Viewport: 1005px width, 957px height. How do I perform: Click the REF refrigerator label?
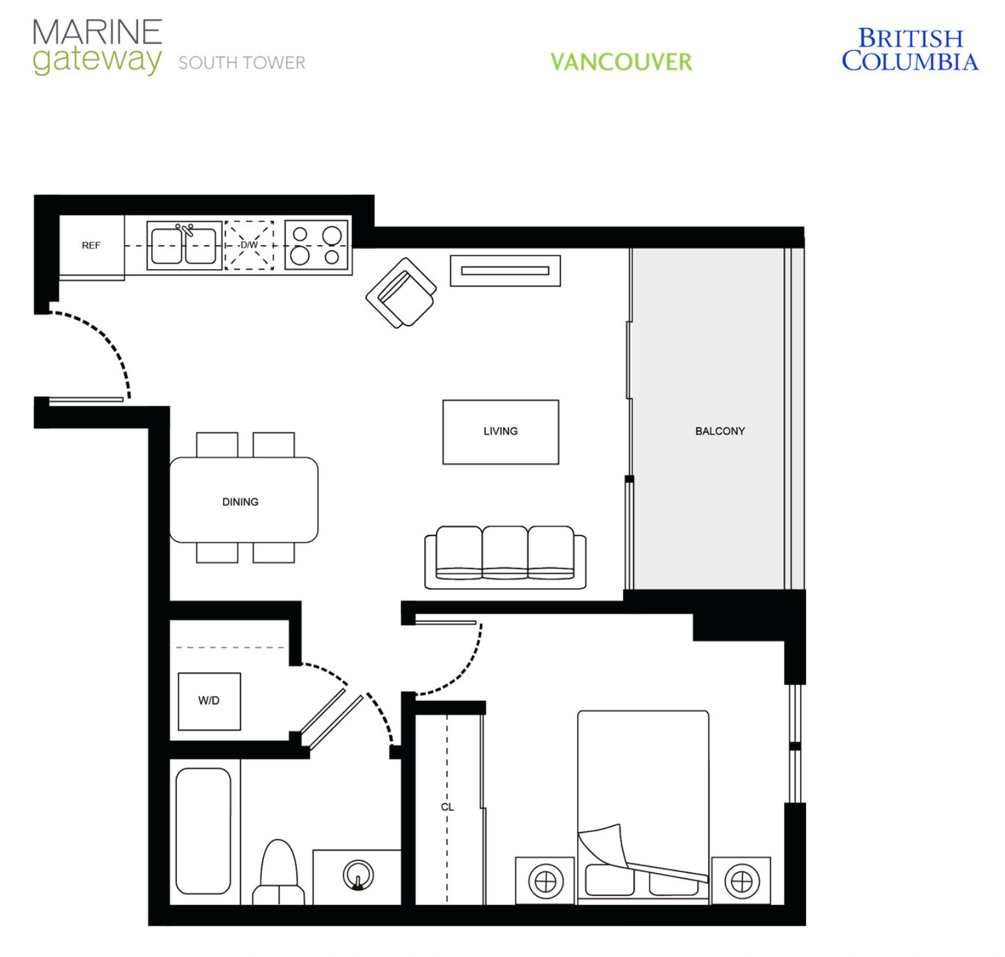91,246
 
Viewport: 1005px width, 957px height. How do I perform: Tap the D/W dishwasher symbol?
250,245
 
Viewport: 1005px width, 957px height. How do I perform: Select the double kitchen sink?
184,244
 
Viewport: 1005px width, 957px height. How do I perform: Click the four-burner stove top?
316,244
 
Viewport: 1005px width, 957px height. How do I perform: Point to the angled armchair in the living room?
401,293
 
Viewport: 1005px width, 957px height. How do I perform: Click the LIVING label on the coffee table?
501,431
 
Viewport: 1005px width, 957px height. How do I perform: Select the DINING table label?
241,502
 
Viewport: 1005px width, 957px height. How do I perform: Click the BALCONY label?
720,431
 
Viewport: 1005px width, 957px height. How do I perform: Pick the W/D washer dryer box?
209,702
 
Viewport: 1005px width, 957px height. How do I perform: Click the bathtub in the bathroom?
204,831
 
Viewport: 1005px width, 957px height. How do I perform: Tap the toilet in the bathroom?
279,873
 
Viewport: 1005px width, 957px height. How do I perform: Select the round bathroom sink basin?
358,875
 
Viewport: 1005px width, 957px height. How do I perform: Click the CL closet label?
447,807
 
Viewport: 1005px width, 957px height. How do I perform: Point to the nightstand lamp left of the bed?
546,882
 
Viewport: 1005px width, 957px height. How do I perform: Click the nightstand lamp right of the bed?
742,882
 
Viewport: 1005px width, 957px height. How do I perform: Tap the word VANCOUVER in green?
621,62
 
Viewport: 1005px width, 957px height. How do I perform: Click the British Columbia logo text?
910,49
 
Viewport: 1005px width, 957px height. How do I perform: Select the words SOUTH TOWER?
242,63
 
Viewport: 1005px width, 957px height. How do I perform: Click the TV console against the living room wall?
506,270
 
